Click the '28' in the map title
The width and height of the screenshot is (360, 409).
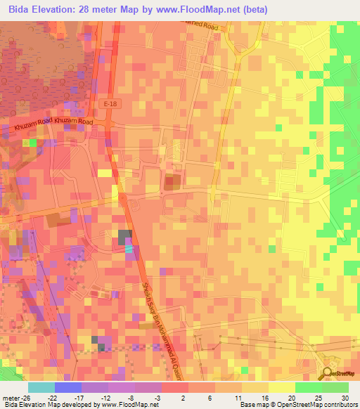(x=87, y=9)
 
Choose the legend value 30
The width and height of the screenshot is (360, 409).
(x=345, y=398)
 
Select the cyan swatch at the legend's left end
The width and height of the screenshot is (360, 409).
(x=41, y=387)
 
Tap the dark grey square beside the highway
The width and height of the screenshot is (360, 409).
(x=124, y=237)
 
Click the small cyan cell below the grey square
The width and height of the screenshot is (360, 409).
(x=128, y=248)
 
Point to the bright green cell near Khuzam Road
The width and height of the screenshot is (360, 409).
(x=32, y=143)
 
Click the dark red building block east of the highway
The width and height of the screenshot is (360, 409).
(x=172, y=183)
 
